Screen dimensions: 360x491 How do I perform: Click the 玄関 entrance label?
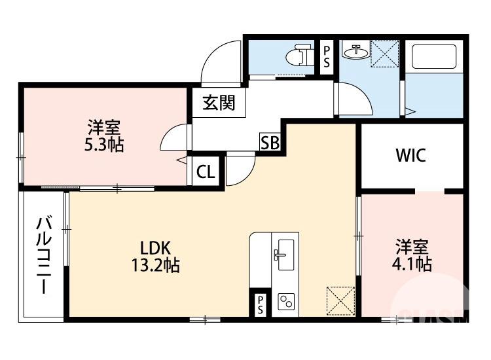click(x=219, y=103)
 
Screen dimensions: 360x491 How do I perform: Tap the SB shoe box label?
click(x=270, y=142)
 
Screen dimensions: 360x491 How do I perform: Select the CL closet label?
click(x=206, y=172)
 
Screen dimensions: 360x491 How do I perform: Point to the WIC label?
click(x=410, y=156)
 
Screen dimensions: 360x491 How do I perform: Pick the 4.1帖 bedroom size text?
click(x=412, y=264)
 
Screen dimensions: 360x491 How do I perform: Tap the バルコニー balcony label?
click(x=44, y=255)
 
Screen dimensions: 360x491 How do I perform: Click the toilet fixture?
click(x=302, y=54)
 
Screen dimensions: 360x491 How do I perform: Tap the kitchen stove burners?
click(x=286, y=302)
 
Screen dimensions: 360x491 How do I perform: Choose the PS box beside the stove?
click(x=260, y=304)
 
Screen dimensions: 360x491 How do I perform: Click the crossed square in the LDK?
click(x=340, y=300)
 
